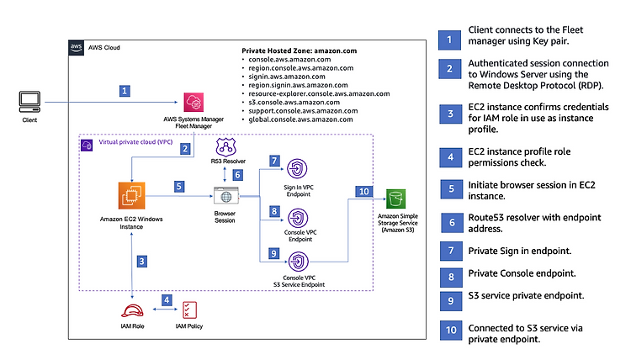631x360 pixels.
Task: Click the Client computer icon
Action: point(29,102)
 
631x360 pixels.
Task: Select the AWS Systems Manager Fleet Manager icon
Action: point(194,102)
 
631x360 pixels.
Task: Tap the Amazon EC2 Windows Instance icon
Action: point(131,195)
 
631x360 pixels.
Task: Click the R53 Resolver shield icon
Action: point(225,147)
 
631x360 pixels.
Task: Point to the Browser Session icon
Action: point(225,196)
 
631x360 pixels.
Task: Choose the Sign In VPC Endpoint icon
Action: point(297,169)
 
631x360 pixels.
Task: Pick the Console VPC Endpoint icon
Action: point(298,219)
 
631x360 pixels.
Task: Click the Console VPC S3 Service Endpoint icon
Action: point(298,262)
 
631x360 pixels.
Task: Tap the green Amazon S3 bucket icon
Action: point(396,199)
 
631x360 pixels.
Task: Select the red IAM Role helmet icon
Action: point(132,311)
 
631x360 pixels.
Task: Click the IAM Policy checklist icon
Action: point(189,310)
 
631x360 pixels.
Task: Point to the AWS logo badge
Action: point(76,47)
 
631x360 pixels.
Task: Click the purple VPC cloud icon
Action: point(87,146)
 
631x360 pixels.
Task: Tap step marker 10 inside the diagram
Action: point(363,192)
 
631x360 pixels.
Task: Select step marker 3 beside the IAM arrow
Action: point(141,262)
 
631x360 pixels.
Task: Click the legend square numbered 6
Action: point(452,223)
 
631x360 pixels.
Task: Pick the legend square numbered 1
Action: point(449,40)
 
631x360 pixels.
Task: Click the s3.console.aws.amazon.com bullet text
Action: point(294,102)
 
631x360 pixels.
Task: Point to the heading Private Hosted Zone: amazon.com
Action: point(299,50)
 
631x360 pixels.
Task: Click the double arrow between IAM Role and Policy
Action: point(165,310)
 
